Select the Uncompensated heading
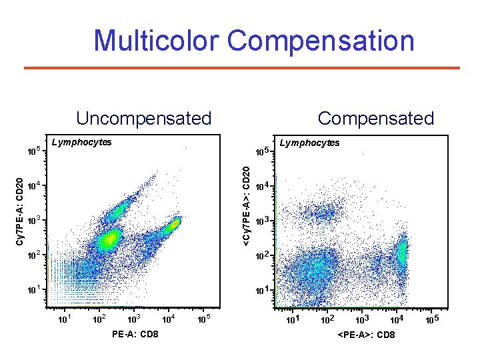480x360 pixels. (x=143, y=119)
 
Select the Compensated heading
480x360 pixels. (x=375, y=119)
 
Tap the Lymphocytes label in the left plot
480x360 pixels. (x=81, y=141)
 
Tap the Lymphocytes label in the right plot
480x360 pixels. (x=309, y=143)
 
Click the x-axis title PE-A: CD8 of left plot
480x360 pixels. (x=135, y=333)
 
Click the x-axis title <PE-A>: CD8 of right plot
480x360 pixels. (x=366, y=334)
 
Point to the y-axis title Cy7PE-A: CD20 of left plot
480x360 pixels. (x=21, y=211)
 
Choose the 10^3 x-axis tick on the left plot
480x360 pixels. (x=135, y=318)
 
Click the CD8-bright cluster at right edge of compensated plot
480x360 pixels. (x=401, y=252)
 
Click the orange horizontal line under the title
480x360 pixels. (x=241, y=68)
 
